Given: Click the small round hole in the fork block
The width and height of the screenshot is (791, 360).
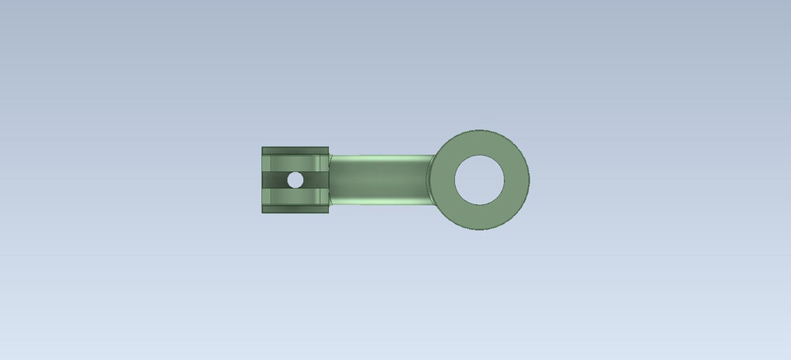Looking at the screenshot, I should [295, 180].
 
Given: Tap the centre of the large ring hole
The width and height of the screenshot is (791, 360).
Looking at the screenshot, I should [480, 179].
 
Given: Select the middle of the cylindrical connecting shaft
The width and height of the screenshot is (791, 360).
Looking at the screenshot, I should [379, 179].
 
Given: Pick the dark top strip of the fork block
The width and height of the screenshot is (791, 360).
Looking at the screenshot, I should [295, 150].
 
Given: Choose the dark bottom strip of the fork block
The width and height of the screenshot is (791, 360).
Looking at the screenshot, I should [295, 208].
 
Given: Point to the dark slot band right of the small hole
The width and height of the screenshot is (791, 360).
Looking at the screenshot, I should [314, 180].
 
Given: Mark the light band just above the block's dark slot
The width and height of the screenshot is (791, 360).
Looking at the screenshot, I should [295, 163].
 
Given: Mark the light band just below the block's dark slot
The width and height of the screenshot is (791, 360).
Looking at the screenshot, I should [295, 196].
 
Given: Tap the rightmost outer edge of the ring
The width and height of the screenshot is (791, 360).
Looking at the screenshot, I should [529, 179].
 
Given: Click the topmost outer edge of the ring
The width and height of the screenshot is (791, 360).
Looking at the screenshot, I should [480, 129].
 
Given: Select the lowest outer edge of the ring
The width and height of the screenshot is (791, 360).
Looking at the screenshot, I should [480, 229].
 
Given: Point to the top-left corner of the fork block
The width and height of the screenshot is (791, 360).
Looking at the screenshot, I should [263, 147].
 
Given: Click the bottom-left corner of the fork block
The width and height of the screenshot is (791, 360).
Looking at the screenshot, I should [263, 212].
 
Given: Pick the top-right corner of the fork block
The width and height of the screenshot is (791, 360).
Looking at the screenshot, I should [328, 147].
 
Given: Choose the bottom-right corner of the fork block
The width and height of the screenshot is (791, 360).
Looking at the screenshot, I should [328, 212].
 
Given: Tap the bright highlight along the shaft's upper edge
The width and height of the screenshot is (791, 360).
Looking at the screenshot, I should [379, 158].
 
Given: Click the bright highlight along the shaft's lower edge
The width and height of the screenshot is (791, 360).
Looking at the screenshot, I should [379, 200].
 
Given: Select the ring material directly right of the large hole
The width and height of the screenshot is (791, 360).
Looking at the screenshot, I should [517, 179].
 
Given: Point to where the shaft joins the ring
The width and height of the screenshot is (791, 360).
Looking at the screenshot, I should [432, 179].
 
